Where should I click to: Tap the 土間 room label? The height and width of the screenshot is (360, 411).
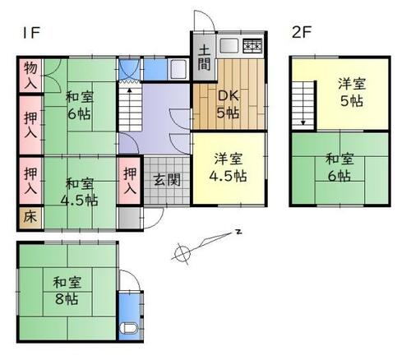click(x=205, y=57)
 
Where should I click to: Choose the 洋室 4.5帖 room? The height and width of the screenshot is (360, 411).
click(x=229, y=168)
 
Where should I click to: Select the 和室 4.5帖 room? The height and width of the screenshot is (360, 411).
click(x=81, y=191)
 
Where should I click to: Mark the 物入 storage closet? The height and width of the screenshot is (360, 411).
click(x=30, y=76)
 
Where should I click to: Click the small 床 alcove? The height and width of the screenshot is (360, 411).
click(x=29, y=219)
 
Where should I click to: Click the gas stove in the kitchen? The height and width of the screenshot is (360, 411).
click(x=252, y=46)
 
